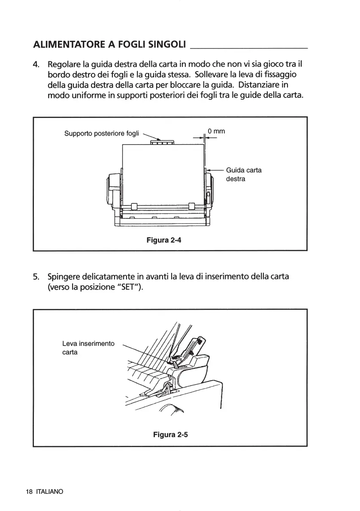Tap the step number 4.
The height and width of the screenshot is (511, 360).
click(36, 65)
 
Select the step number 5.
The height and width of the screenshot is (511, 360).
click(36, 276)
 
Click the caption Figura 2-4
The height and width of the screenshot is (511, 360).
click(164, 240)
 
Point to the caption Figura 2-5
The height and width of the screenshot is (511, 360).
click(171, 435)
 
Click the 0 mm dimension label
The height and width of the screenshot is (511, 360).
click(216, 131)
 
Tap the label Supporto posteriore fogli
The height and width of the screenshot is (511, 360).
click(102, 133)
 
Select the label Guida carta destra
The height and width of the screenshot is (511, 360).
click(243, 174)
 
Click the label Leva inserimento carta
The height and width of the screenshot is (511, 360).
click(88, 348)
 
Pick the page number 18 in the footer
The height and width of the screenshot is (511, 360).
click(29, 492)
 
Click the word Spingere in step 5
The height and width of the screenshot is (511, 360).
click(65, 277)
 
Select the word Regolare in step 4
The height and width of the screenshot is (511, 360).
click(64, 65)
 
